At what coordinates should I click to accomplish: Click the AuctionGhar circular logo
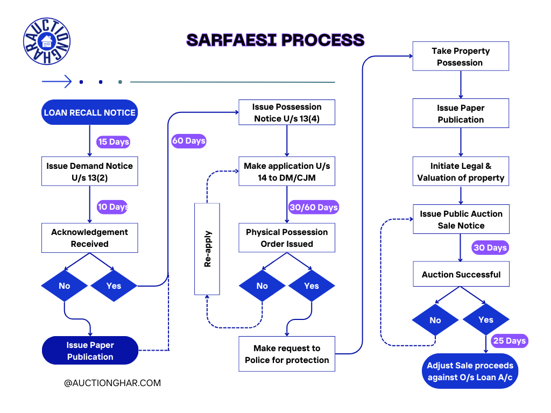47,41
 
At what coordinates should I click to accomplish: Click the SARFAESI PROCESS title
275,40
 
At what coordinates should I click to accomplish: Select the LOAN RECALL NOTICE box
90,112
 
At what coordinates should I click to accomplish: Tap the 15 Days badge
114,142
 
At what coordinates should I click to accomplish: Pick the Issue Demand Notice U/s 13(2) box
90,172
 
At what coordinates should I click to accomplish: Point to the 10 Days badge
112,207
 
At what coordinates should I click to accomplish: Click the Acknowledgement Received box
90,238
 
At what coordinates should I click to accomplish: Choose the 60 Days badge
189,141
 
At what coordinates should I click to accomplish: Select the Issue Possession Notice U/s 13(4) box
287,112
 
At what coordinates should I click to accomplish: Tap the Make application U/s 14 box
287,172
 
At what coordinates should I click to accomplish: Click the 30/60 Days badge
313,208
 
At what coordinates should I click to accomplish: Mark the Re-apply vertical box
207,249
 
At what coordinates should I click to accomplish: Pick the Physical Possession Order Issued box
287,238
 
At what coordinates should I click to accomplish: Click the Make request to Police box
287,354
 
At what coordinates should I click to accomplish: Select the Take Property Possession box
461,56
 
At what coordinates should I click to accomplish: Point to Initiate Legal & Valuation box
461,172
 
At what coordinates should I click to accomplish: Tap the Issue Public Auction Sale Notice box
461,219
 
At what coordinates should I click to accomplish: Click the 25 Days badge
509,341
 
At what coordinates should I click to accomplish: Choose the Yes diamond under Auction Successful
485,320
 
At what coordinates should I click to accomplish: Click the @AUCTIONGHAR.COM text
112,383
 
